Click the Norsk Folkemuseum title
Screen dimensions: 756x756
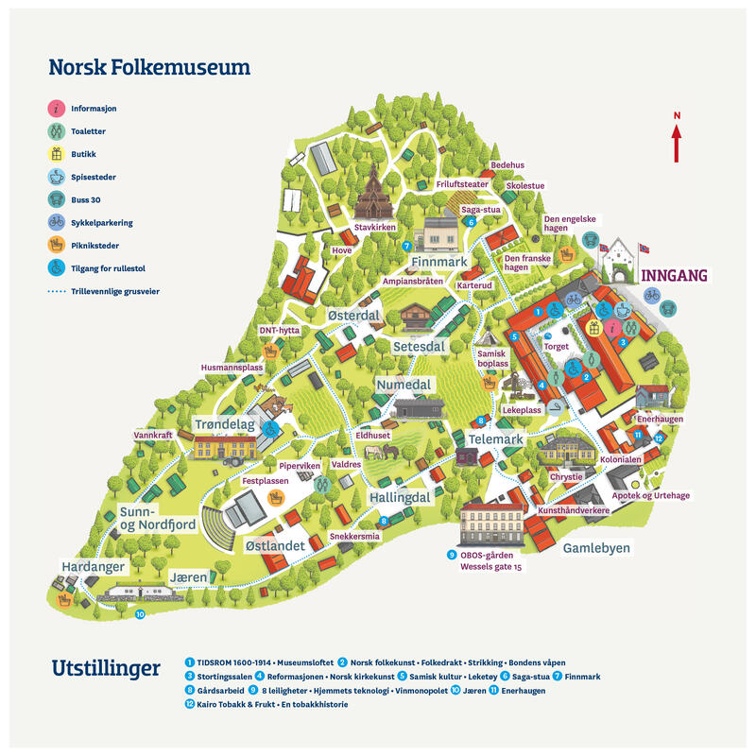149,67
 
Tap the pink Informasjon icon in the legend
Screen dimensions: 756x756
57,109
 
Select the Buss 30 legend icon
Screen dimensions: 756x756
57,199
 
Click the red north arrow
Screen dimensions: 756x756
677,144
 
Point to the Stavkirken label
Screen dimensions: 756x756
375,227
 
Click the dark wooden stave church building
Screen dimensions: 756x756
372,193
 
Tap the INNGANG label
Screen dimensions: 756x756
674,276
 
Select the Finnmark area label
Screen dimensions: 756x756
439,262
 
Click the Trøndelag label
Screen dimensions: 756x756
225,424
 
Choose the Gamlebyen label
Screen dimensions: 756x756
596,548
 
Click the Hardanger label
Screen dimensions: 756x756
93,566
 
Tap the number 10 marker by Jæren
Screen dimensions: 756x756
140,614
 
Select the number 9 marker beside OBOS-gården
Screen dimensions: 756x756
452,555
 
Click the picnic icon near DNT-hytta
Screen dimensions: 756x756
271,351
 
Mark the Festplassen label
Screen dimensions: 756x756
266,481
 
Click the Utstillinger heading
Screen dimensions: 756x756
106,669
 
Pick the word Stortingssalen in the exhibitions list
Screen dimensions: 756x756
225,677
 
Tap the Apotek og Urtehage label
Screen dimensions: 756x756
651,495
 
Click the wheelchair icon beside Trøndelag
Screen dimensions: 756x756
271,429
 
